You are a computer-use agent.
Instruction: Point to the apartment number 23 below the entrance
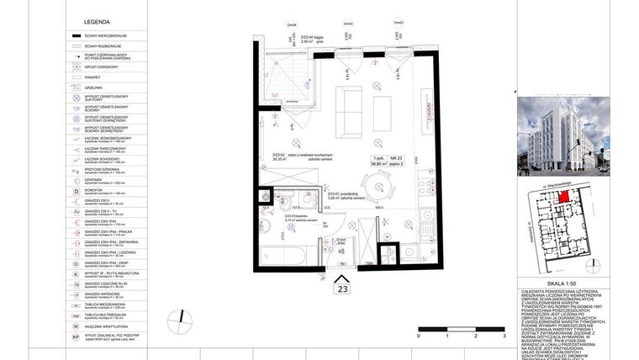point(342,288)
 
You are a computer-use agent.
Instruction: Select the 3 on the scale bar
point(504,336)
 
